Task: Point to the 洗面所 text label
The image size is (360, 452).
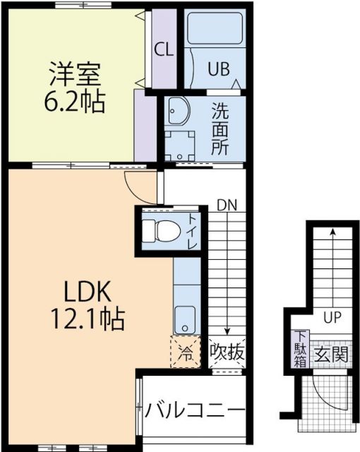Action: (x=220, y=129)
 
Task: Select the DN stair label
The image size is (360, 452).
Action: (x=227, y=205)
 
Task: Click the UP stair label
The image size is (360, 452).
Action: (x=330, y=317)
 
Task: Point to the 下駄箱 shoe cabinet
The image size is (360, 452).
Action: (x=300, y=349)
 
